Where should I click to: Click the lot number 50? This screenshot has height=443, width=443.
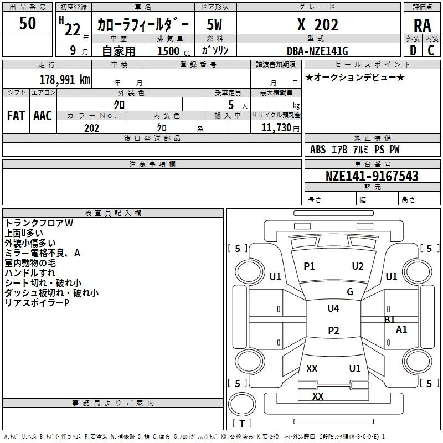click(27, 23)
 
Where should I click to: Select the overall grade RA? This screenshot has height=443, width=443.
click(422, 25)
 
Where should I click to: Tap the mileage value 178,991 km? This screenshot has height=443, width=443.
click(65, 80)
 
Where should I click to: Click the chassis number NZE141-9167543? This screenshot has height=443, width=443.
click(372, 176)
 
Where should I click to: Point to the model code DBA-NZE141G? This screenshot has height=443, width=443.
click(317, 51)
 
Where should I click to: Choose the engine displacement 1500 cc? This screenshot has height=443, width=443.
click(174, 51)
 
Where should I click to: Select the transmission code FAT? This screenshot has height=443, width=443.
click(16, 116)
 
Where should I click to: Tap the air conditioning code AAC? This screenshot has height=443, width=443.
click(43, 116)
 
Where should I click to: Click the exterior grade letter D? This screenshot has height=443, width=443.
click(413, 50)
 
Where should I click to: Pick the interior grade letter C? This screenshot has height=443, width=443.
click(431, 50)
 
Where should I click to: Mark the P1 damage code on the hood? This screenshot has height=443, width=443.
click(309, 266)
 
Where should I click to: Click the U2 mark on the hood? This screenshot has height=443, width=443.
click(358, 266)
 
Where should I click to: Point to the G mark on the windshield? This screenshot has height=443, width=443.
click(350, 292)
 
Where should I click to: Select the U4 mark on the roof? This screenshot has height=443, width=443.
click(333, 308)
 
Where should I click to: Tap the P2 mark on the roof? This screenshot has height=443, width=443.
click(333, 330)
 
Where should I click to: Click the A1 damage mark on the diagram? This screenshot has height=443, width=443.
click(401, 329)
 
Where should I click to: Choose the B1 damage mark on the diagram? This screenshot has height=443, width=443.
click(390, 320)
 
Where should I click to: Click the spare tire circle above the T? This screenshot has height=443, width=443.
click(242, 404)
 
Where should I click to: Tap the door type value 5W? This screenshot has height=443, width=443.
click(214, 24)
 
